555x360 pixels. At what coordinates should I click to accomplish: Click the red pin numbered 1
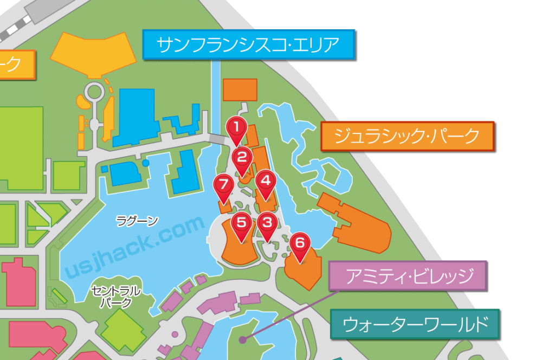click(236, 128)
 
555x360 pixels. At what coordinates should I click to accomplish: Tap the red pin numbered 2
click(242, 158)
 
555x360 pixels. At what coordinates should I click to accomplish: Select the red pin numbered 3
click(266, 223)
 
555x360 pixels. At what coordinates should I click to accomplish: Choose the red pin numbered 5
click(242, 223)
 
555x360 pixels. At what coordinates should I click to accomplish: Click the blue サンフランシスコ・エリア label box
click(249, 45)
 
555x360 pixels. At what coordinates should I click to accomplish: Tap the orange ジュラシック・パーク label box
click(408, 136)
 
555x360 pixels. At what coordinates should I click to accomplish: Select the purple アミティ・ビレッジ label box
click(408, 277)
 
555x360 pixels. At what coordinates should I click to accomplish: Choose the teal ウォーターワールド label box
click(416, 324)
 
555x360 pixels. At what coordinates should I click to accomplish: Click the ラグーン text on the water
click(137, 221)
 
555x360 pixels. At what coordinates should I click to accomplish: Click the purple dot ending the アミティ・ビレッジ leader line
click(243, 340)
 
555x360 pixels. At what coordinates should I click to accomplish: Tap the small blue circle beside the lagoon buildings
click(145, 163)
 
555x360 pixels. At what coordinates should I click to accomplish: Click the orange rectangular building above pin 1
click(240, 90)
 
